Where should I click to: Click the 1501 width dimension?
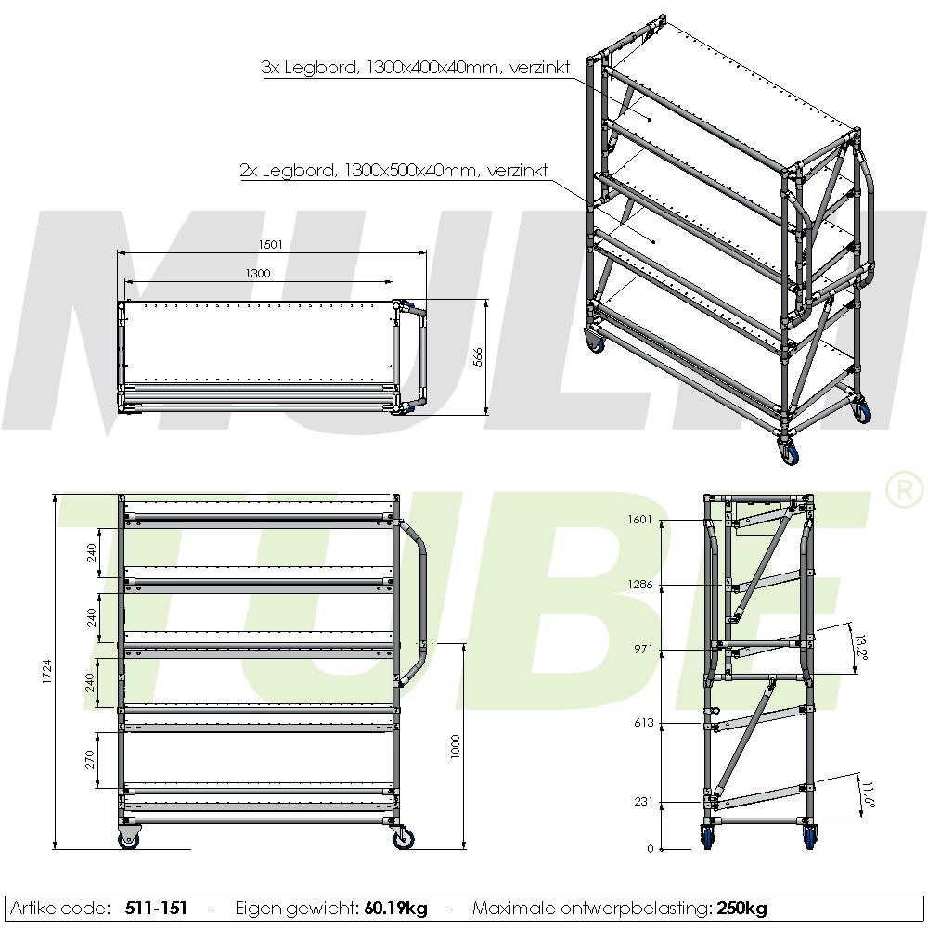[x=271, y=245]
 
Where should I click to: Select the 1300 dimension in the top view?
[x=258, y=274]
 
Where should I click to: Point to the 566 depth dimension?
[x=478, y=357]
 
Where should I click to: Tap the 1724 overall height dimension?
[x=47, y=672]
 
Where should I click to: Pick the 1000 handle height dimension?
[x=455, y=745]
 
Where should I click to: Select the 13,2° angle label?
[x=860, y=647]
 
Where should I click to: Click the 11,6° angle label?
[x=868, y=795]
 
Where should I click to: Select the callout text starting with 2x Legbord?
[x=393, y=171]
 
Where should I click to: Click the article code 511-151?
[x=156, y=909]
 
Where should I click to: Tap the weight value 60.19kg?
[x=395, y=909]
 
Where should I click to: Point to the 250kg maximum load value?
[x=742, y=909]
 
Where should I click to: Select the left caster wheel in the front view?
[x=129, y=839]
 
